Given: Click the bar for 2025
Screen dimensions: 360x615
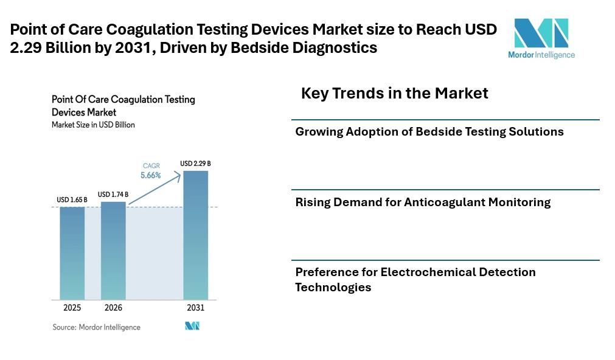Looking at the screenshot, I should pos(72,252).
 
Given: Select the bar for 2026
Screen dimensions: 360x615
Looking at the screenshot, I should pos(113,249).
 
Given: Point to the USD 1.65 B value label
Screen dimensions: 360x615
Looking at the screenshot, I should pos(72,199).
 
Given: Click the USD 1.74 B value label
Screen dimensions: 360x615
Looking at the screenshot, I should pos(113,194).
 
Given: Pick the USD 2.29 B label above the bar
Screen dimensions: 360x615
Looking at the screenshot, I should pos(195,164).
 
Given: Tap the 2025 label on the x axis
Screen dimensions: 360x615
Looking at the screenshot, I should pos(72,308).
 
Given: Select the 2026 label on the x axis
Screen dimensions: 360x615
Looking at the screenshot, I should pos(113,308).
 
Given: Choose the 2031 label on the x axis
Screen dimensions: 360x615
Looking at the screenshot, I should pos(195,308).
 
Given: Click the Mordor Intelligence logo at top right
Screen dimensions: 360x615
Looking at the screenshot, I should pos(541,38).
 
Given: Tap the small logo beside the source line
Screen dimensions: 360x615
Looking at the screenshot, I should pos(192,327).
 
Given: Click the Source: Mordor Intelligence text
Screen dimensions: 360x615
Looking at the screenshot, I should pos(96,327).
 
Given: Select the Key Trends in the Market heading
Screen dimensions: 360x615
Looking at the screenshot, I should pos(394,93).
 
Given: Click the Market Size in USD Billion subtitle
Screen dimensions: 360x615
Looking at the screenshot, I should pos(93,125).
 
